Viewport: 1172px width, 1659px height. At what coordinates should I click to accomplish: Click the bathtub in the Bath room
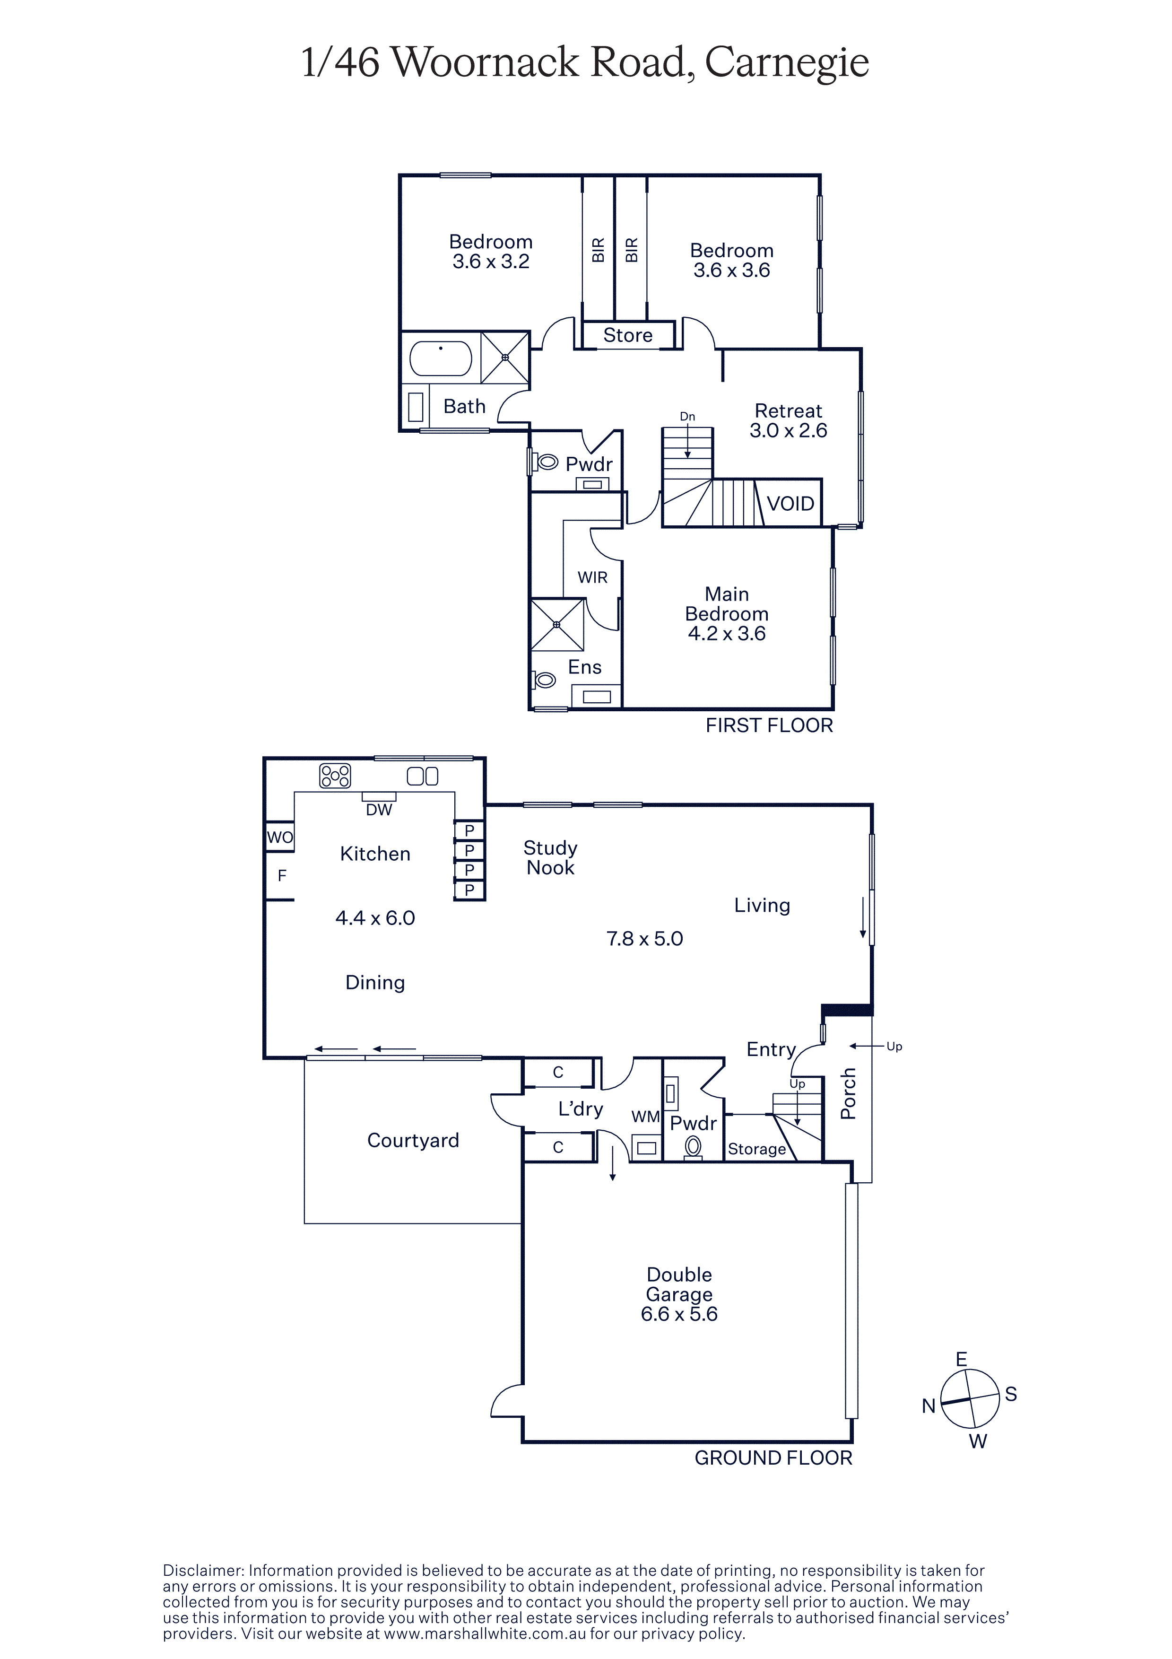pyautogui.click(x=441, y=358)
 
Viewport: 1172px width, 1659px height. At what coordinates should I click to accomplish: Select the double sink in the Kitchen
pyautogui.click(x=423, y=776)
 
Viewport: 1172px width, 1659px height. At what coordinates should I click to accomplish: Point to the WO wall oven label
pyautogui.click(x=280, y=838)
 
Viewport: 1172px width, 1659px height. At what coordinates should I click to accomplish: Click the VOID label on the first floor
pyautogui.click(x=790, y=504)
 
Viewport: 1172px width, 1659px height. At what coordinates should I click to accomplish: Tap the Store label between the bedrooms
pyautogui.click(x=627, y=335)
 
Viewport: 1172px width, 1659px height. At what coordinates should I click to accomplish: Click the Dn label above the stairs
pyautogui.click(x=687, y=416)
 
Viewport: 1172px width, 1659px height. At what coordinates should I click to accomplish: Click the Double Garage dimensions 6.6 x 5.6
pyautogui.click(x=679, y=1314)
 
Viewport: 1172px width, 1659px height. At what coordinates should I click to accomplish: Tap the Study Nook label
pyautogui.click(x=550, y=858)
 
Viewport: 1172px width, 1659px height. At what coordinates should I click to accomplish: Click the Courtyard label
pyautogui.click(x=413, y=1140)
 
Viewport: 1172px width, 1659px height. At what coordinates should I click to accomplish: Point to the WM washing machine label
pyautogui.click(x=646, y=1117)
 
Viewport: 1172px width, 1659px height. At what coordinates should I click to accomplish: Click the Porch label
pyautogui.click(x=849, y=1093)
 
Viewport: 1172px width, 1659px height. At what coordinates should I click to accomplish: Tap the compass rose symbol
pyautogui.click(x=970, y=1399)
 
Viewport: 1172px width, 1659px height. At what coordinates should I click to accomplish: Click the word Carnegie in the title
pyautogui.click(x=786, y=63)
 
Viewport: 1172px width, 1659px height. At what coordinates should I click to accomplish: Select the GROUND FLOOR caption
pyautogui.click(x=773, y=1458)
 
